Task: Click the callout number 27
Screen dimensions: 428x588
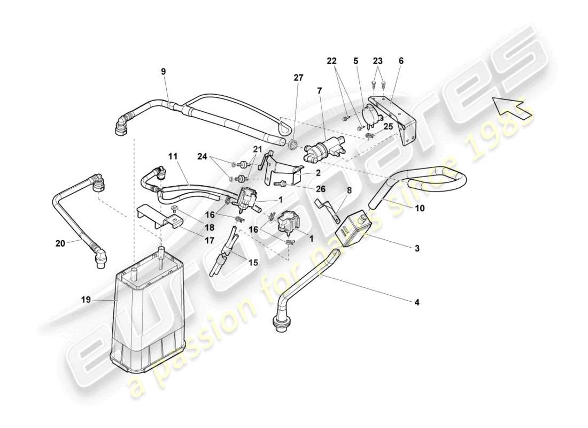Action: pyautogui.click(x=298, y=78)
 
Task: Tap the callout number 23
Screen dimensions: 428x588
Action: pyautogui.click(x=378, y=60)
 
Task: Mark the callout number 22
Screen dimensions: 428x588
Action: pyautogui.click(x=332, y=60)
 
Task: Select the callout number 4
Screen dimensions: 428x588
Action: pyautogui.click(x=417, y=302)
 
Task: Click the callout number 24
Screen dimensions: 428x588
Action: pyautogui.click(x=202, y=157)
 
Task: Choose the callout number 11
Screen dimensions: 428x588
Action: pyautogui.click(x=173, y=157)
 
